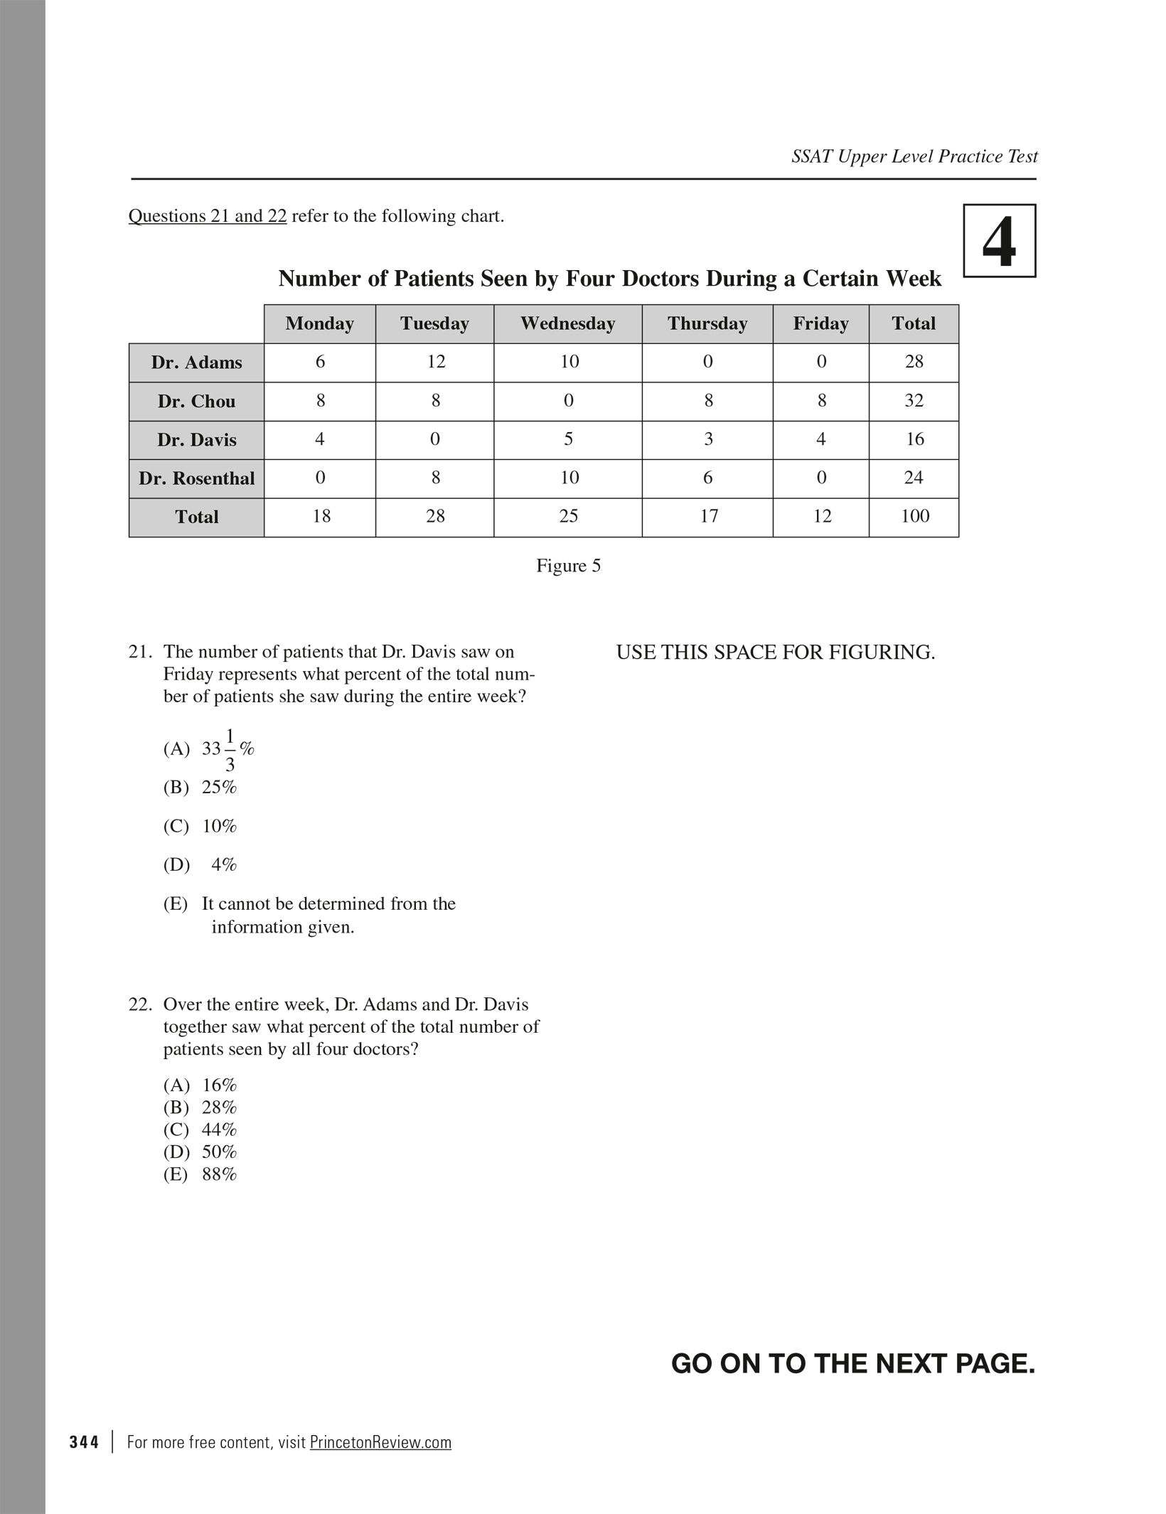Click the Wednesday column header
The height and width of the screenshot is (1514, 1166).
pos(567,324)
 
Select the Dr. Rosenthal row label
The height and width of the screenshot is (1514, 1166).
pos(196,479)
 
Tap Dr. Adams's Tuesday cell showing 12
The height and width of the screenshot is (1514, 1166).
pos(435,363)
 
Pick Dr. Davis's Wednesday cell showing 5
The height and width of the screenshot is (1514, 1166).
pos(568,440)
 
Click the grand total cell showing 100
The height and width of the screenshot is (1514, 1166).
pos(914,517)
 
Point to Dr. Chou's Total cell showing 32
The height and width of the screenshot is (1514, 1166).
pos(914,401)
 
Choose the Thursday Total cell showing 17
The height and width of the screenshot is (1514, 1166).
pos(708,517)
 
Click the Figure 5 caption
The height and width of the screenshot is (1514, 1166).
pos(568,566)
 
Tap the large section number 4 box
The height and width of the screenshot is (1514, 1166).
pos(999,241)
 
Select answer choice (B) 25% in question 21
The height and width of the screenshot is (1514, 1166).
pos(200,788)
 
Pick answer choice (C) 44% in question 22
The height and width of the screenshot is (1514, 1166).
pos(200,1129)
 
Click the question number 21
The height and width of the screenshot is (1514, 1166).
pos(141,652)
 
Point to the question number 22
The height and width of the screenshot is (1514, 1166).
pos(141,1004)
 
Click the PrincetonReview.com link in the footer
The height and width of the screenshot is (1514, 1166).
pos(380,1442)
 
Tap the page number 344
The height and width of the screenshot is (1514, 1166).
pos(84,1442)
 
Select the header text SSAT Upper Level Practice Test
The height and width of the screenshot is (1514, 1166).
pos(914,156)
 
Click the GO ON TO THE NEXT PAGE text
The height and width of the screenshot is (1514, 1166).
pos(852,1363)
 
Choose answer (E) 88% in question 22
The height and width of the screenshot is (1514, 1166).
pos(200,1174)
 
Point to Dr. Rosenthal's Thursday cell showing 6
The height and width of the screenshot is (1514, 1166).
pos(708,478)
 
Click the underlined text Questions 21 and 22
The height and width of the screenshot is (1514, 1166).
pos(208,216)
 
